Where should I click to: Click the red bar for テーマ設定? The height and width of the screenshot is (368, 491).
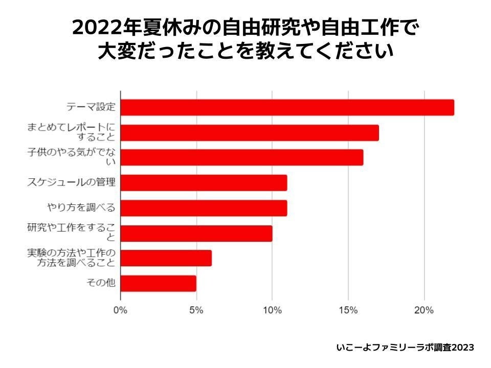[287, 107]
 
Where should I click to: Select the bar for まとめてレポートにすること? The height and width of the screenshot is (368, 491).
[250, 132]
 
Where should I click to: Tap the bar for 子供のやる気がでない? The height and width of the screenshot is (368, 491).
[241, 157]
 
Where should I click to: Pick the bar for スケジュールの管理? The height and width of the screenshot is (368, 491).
[204, 182]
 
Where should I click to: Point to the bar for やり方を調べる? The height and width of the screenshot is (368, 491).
[204, 208]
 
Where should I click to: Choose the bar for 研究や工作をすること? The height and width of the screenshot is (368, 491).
[196, 233]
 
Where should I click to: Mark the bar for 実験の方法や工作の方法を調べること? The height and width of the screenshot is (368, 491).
[166, 258]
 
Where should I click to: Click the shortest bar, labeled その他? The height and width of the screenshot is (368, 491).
[158, 283]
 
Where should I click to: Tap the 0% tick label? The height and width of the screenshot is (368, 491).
[120, 310]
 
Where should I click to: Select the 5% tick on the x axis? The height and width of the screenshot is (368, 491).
[196, 310]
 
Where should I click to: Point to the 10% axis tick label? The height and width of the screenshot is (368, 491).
[272, 310]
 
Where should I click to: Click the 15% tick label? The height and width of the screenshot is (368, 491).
[348, 310]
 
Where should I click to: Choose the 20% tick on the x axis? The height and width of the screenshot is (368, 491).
[424, 310]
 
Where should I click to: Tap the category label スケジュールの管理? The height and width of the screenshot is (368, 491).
[71, 182]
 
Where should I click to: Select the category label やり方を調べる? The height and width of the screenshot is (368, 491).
[81, 208]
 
